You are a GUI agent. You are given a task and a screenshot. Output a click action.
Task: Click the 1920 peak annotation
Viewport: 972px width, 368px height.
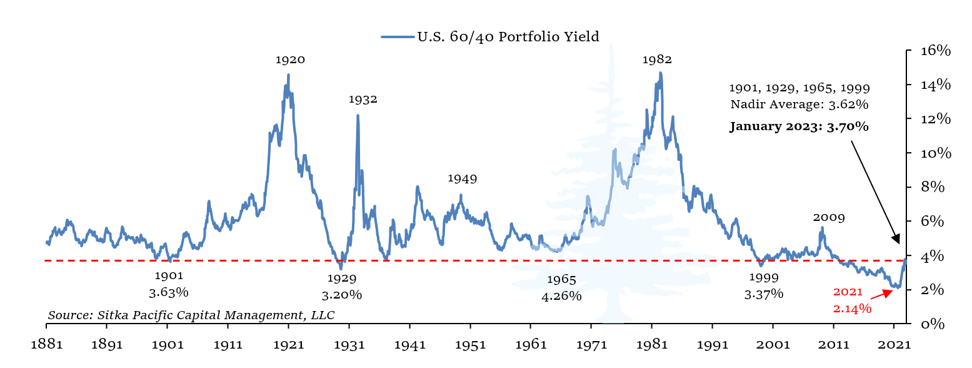[x=290, y=60]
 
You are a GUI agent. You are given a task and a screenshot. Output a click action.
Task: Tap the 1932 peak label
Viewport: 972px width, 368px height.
[x=363, y=100]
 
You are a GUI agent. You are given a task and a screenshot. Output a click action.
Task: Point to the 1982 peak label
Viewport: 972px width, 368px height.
[x=657, y=60]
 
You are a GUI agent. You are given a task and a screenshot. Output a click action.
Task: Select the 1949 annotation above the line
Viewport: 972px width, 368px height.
[x=462, y=179]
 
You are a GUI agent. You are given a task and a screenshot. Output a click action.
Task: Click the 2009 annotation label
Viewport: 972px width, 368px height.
[x=829, y=218]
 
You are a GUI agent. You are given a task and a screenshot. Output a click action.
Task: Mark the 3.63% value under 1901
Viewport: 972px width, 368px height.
[x=169, y=292]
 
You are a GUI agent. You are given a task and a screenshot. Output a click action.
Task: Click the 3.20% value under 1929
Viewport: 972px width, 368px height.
[x=342, y=295]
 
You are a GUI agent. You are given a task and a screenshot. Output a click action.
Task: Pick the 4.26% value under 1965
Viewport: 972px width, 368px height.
[x=561, y=296]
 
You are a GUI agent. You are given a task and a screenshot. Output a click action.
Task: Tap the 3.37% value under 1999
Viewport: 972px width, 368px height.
[x=763, y=294]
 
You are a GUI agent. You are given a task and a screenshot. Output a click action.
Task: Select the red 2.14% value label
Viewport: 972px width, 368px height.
[x=852, y=308]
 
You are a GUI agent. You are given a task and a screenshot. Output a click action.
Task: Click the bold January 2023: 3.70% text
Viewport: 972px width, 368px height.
[x=799, y=127]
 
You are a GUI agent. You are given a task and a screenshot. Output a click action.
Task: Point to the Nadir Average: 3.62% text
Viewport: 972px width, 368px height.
[x=799, y=105]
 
